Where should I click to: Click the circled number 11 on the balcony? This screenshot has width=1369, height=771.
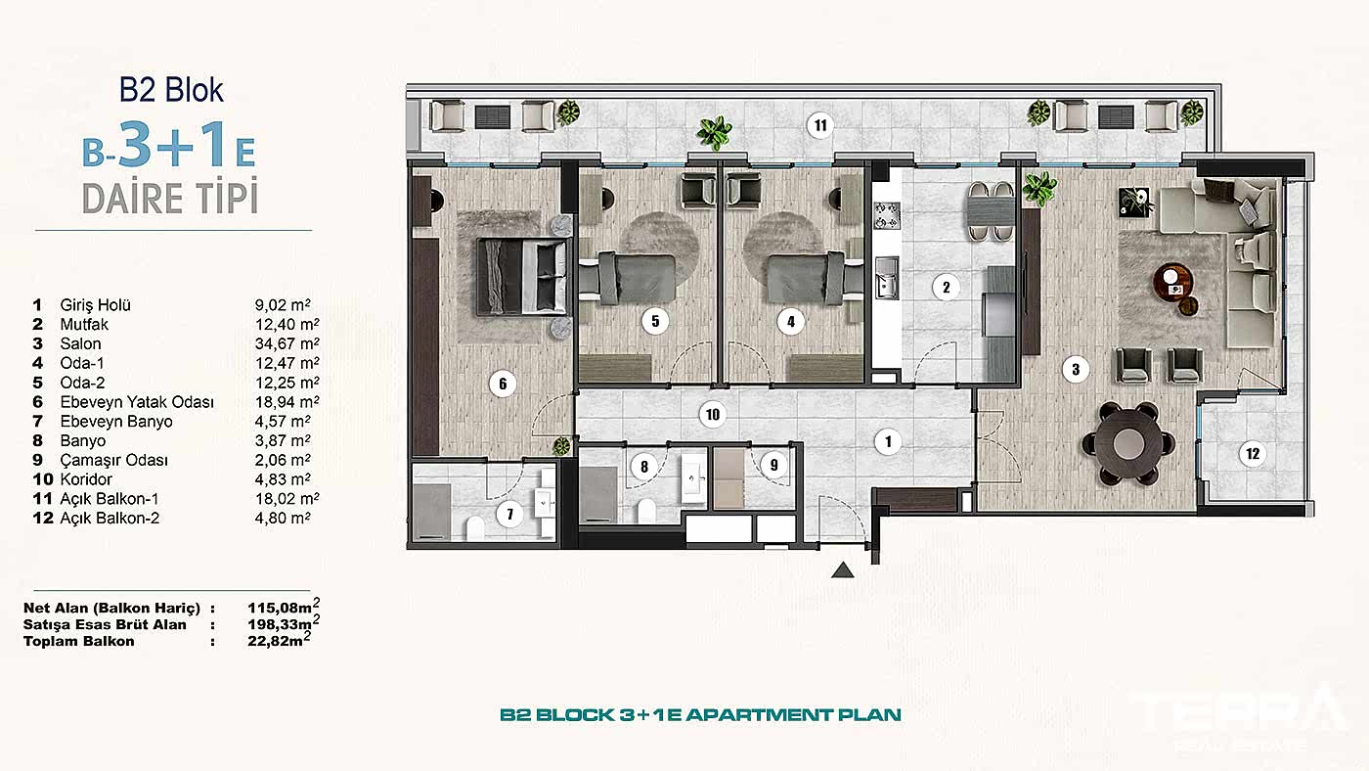click(819, 124)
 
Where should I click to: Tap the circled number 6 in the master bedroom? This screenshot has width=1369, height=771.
click(503, 384)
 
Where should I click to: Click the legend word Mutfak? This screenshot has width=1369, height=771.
click(84, 324)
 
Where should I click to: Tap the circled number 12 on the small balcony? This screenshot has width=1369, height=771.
click(1252, 452)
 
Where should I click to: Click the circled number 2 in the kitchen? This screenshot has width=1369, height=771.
click(946, 288)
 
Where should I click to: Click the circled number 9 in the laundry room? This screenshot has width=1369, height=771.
click(774, 465)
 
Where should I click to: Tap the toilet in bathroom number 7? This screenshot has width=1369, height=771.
click(475, 528)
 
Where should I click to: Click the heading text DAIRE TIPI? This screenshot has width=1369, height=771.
click(170, 198)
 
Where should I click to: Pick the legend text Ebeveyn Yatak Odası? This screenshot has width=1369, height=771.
click(137, 402)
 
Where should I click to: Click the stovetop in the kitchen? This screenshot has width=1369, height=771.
click(886, 214)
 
